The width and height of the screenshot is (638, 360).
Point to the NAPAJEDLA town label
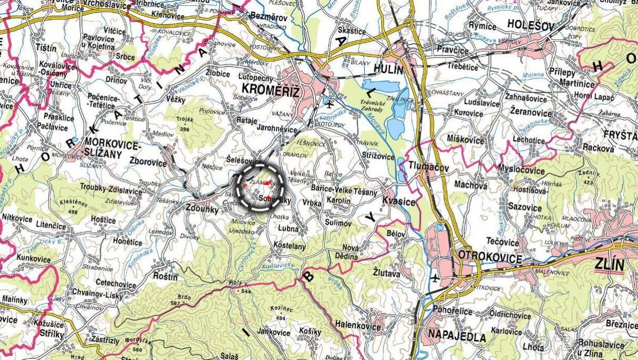click(456, 337)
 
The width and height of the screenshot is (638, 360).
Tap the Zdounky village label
click(202, 210)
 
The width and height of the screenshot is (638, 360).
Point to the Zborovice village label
click(148, 163)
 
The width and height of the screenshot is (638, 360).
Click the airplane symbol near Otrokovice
click(434, 278)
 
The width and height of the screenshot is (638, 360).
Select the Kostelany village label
click(289, 246)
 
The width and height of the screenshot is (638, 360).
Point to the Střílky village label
click(52, 333)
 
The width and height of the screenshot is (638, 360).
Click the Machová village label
click(471, 185)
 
